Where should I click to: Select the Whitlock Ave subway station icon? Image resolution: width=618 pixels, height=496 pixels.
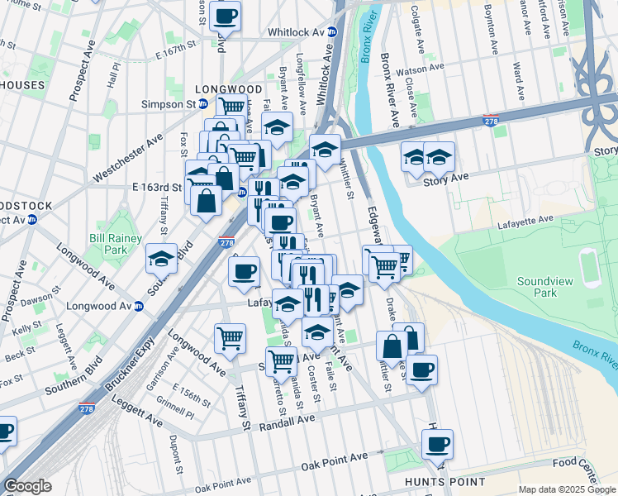[332, 32]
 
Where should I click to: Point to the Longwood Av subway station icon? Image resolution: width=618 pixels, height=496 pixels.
[139, 304]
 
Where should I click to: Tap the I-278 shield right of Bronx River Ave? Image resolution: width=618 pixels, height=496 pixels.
[490, 122]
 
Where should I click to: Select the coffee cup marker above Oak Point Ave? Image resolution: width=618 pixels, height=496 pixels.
[437, 445]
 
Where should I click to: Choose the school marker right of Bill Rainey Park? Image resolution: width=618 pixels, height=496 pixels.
[161, 259]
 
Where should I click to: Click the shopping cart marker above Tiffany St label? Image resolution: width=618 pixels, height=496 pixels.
[230, 337]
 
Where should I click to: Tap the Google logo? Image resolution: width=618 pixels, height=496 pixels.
[27, 486]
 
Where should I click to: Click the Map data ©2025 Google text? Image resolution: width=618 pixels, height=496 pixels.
[567, 489]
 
